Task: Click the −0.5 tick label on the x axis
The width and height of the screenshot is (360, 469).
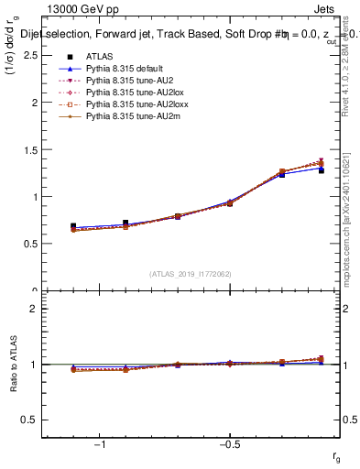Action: point(228,445)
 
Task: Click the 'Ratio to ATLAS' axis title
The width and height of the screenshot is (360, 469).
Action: point(14,364)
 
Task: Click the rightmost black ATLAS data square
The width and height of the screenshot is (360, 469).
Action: point(321,170)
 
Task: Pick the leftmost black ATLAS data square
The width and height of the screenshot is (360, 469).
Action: point(73,225)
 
